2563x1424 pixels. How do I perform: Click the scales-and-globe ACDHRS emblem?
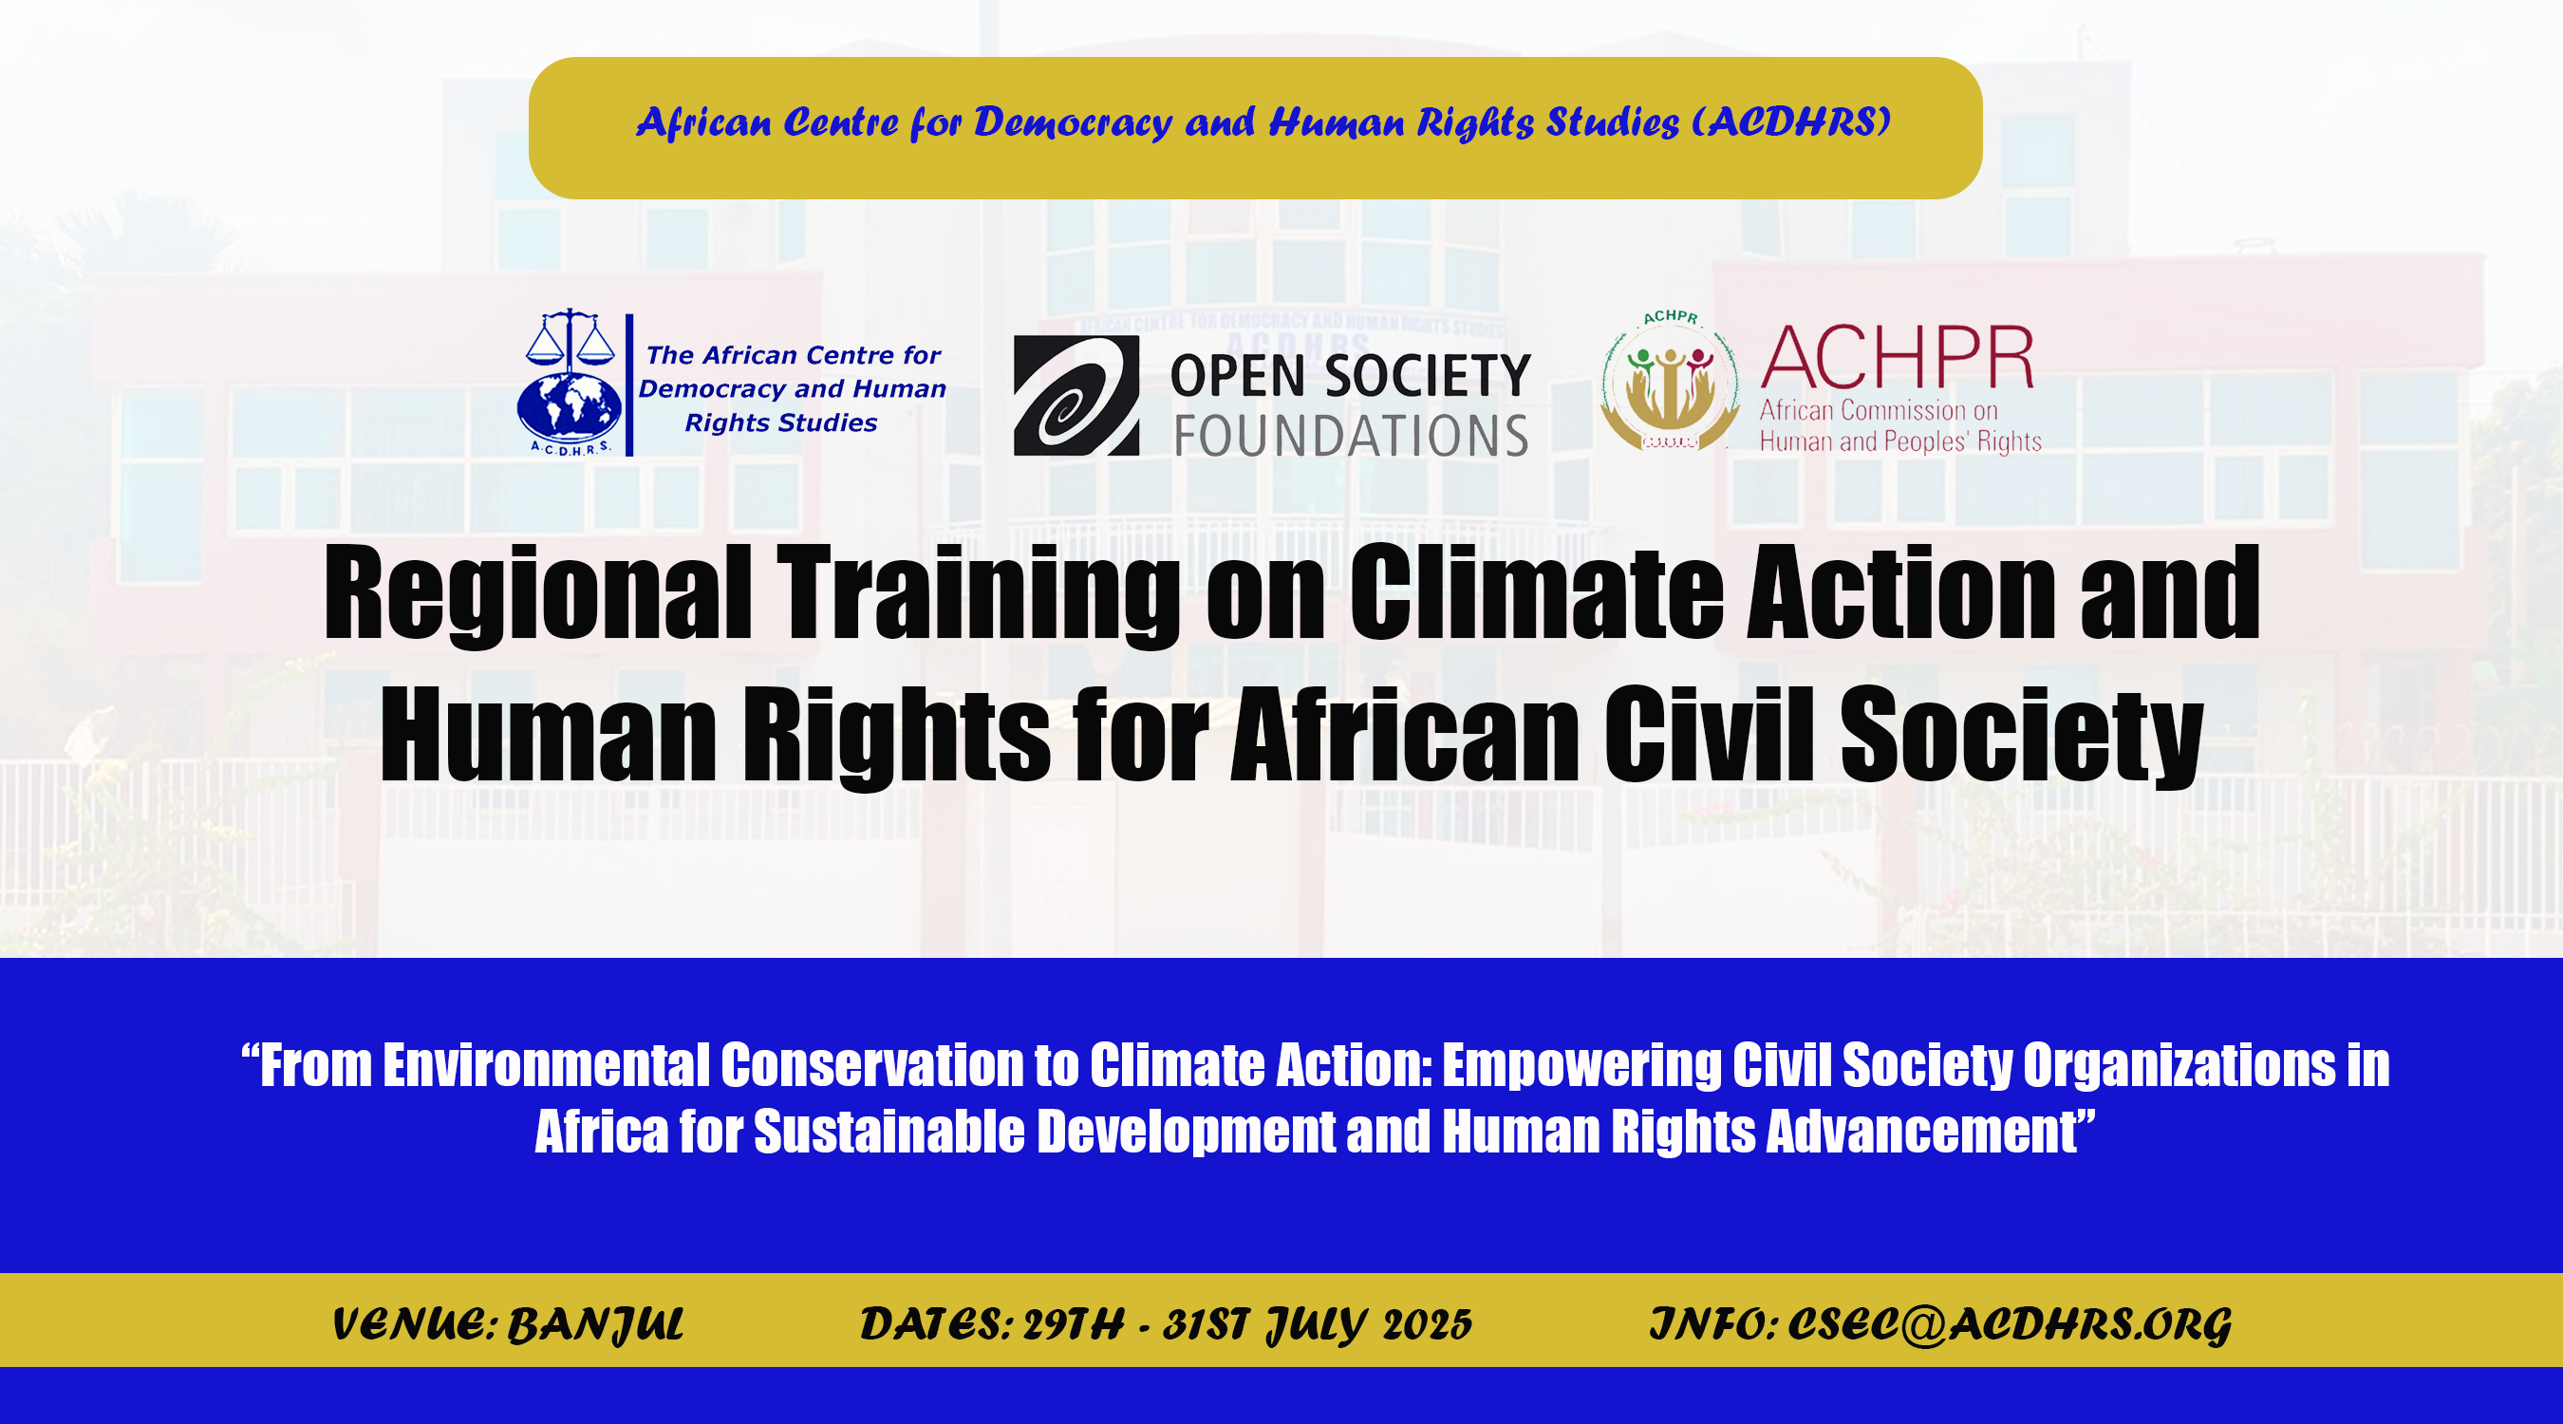click(570, 383)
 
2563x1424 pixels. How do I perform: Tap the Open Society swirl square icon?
click(1076, 395)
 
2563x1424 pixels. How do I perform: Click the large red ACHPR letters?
click(1898, 357)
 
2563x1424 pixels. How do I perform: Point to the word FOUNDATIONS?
click(1351, 436)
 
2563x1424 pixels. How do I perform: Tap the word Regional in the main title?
click(537, 593)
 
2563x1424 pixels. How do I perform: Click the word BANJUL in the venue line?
click(596, 1325)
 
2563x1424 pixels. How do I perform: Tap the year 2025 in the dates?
click(1427, 1324)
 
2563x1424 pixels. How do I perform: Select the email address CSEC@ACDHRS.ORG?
click(2010, 1325)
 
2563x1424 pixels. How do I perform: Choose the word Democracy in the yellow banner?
click(1073, 122)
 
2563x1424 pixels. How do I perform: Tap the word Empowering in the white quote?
click(1582, 1067)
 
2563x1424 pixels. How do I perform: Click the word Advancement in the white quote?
click(1931, 1133)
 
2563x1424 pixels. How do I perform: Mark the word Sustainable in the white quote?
click(889, 1133)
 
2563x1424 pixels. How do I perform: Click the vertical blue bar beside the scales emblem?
click(628, 385)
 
